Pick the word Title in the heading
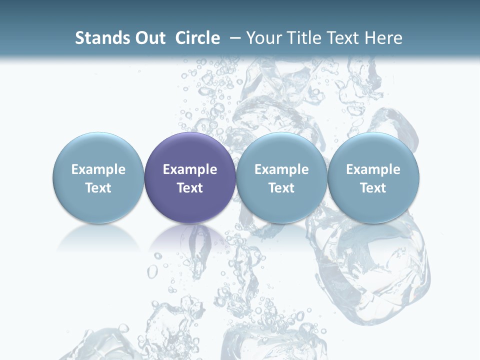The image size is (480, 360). (304, 38)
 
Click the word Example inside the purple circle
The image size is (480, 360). (190, 169)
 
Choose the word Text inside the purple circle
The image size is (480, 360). (190, 188)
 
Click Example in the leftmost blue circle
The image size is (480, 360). (98, 169)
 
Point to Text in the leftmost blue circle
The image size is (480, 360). (98, 188)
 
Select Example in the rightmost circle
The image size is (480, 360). (373, 169)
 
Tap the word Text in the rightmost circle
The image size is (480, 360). (373, 188)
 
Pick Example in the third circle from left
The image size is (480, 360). (281, 169)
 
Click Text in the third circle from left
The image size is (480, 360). (281, 188)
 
